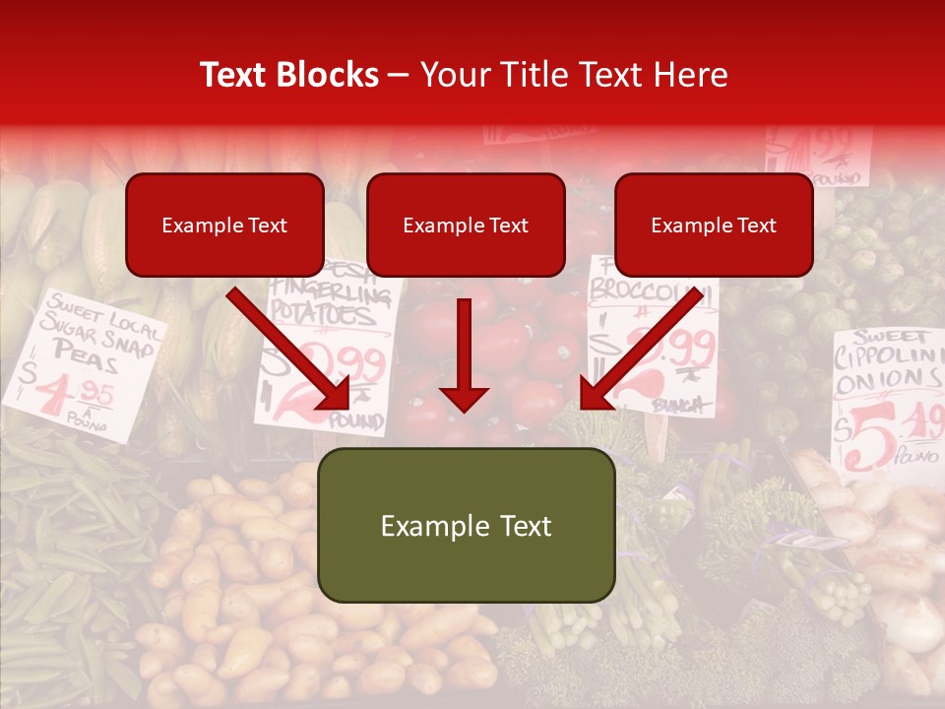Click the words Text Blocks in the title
click(289, 75)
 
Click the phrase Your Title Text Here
click(574, 75)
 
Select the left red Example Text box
click(224, 226)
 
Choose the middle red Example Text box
click(466, 226)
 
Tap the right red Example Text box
click(714, 226)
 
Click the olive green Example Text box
click(466, 526)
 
